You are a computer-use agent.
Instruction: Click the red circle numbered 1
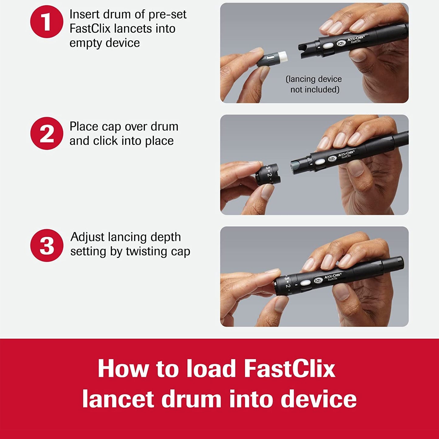pyautogui.click(x=46, y=22)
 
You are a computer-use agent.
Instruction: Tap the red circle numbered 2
pyautogui.click(x=46, y=133)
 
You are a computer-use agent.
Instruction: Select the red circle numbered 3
pyautogui.click(x=46, y=245)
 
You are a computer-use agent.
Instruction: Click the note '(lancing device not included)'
pyautogui.click(x=314, y=84)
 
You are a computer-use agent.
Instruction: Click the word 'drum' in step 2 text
pyautogui.click(x=163, y=127)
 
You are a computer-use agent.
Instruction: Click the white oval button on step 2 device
pyautogui.click(x=319, y=162)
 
